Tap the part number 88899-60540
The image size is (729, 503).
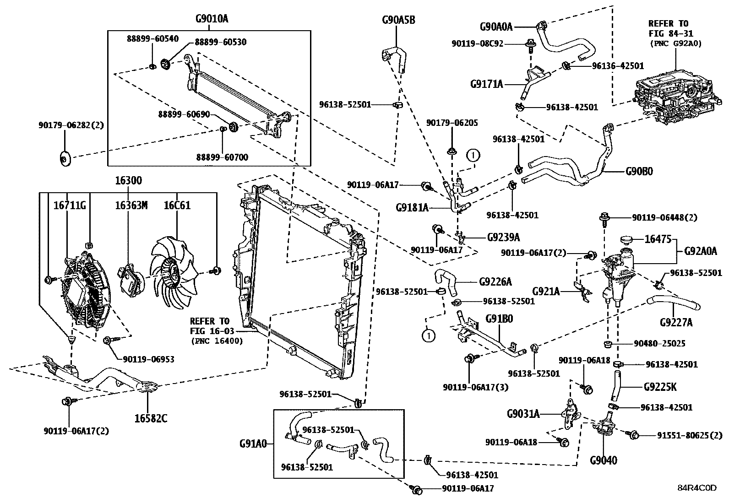(x=152, y=39)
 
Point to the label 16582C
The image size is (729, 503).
(x=151, y=418)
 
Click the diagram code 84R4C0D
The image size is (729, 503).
(x=697, y=488)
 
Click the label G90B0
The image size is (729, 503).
(x=639, y=172)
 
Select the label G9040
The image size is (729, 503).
(x=603, y=460)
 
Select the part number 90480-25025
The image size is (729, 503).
(x=660, y=343)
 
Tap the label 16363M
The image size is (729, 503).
(x=131, y=206)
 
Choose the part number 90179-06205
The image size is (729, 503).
(x=452, y=123)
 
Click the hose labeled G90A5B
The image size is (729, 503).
(x=393, y=57)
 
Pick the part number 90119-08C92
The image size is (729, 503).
(x=477, y=44)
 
